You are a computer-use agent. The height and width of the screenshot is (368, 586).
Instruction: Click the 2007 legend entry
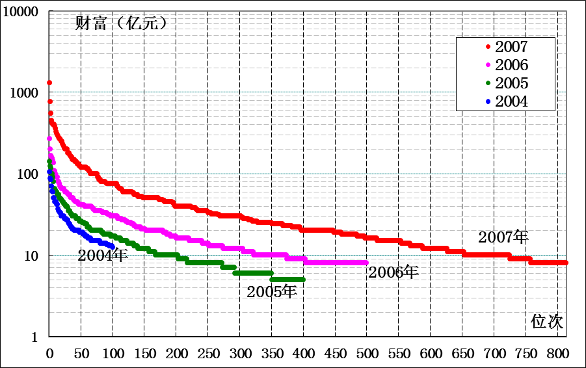(511, 47)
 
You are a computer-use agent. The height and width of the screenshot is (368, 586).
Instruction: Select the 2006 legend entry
(511, 65)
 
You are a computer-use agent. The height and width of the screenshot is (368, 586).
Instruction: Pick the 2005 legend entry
(511, 83)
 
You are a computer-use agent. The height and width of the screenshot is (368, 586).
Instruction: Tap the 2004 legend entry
(511, 101)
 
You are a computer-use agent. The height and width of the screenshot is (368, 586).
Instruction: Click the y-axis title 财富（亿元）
(122, 24)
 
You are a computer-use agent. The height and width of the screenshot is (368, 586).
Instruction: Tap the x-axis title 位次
(546, 321)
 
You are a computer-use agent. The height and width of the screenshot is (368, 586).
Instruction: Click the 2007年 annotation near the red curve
(503, 237)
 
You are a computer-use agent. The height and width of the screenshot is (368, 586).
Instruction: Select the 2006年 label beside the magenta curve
(393, 272)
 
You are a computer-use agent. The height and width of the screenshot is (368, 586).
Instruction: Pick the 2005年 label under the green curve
(272, 292)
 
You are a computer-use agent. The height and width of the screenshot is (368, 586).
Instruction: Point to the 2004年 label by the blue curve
(103, 255)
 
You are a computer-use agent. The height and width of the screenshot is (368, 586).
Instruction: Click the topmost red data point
(49, 83)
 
